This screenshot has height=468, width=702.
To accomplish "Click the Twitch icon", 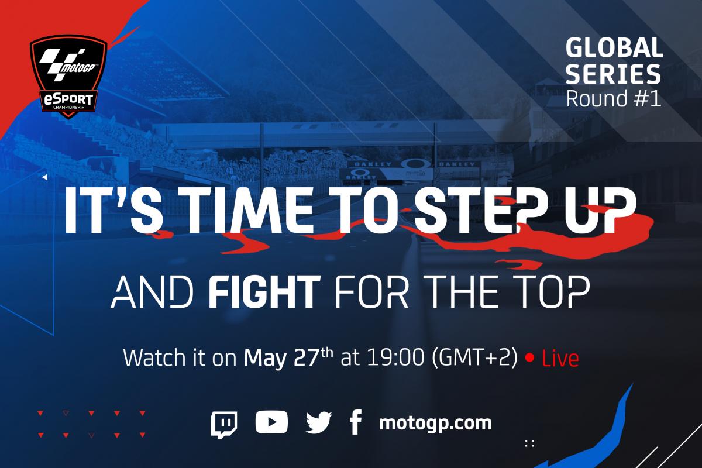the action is point(224,425).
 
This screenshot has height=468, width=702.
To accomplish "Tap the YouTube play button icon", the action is point(271,422).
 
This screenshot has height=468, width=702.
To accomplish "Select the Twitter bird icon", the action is point(319,422).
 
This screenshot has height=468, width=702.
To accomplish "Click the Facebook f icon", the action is point(356,422).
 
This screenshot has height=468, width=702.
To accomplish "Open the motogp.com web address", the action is point(435,424).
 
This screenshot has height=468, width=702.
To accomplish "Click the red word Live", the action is point(560,359).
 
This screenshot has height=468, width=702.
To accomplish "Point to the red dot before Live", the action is point(529,358).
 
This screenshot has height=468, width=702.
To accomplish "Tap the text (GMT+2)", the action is point(475,357).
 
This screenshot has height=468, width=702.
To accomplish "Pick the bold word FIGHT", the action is point(264,291).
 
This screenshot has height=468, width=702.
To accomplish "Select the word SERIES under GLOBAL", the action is point(613,74).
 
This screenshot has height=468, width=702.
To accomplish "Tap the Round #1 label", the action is point(614,98).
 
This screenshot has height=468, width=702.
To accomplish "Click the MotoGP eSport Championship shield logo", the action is point(68,76).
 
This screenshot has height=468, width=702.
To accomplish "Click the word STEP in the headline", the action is point(479,211).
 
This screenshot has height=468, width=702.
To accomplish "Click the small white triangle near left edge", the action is point(44,177).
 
